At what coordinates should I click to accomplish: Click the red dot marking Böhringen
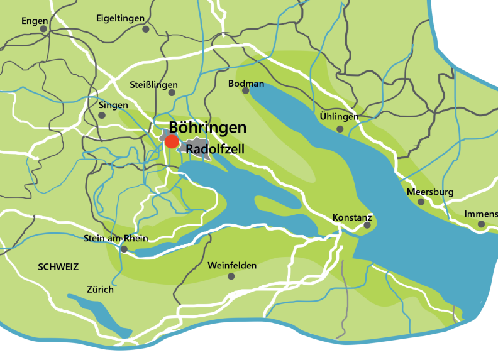click(x=171, y=141)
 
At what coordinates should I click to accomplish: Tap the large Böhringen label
click(x=207, y=127)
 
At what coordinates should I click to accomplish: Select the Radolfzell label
click(x=215, y=150)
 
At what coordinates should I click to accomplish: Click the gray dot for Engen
click(x=43, y=29)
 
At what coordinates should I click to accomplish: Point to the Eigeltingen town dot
click(x=146, y=29)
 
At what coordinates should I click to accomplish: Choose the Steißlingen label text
click(x=153, y=84)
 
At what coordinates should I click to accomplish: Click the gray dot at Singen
click(x=102, y=116)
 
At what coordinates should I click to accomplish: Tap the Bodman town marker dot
click(x=246, y=90)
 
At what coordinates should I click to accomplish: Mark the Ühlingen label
click(x=339, y=117)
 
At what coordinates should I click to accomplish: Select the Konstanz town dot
click(x=367, y=225)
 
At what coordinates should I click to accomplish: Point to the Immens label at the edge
click(x=480, y=214)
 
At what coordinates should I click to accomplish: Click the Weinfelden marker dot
click(x=231, y=276)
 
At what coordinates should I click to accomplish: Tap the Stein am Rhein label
click(x=115, y=238)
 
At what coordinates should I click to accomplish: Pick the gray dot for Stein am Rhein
click(x=124, y=249)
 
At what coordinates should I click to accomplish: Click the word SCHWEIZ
click(x=58, y=266)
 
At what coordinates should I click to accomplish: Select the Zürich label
click(x=100, y=290)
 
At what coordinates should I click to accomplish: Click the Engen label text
click(x=34, y=21)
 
